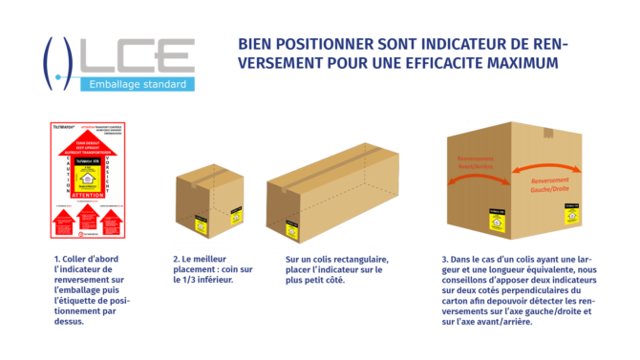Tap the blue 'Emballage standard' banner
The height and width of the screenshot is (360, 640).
click(136, 85)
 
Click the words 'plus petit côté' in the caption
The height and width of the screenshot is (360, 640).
click(321, 282)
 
